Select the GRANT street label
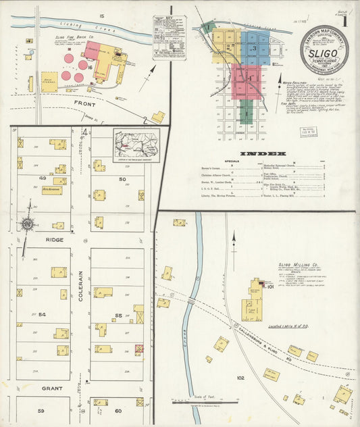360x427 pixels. (52, 388)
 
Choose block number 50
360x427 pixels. (122, 179)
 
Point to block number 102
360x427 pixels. (240, 378)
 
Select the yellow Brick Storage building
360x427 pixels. (49, 82)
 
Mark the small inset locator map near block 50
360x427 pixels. (136, 145)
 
